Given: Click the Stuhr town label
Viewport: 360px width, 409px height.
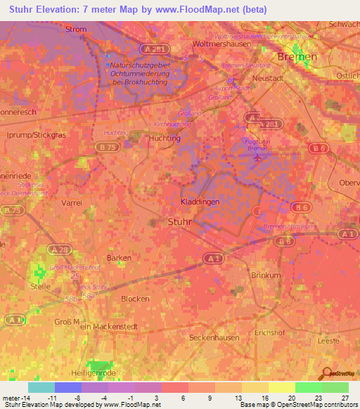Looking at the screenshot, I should pyautogui.click(x=180, y=222).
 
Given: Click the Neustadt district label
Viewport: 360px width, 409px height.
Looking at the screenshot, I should pyautogui.click(x=266, y=79).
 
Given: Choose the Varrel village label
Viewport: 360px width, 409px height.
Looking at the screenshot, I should pyautogui.click(x=72, y=202).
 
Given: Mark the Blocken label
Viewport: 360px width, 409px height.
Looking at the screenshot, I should pyautogui.click(x=135, y=298).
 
